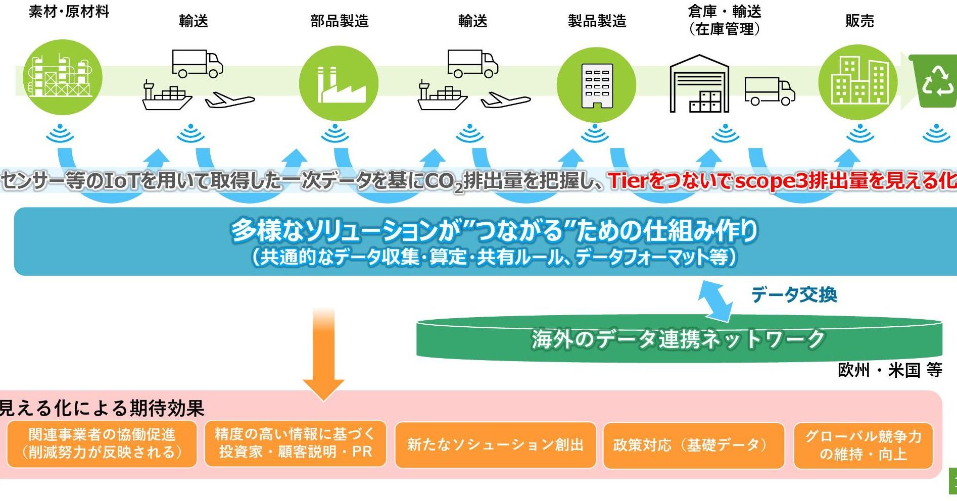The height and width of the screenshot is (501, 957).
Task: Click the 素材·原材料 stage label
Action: click(69, 12)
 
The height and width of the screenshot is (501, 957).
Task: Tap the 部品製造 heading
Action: click(340, 21)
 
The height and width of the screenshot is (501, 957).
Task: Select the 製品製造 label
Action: click(597, 21)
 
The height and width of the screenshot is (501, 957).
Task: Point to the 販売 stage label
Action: click(859, 21)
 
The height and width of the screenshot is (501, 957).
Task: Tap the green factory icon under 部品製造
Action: click(339, 83)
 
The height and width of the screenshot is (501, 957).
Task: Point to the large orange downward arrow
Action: click(323, 354)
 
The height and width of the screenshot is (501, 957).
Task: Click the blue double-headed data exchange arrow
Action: click(715, 302)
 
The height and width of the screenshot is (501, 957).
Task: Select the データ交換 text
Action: click(794, 294)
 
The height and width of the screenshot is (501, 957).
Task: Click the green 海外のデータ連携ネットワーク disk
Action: click(679, 339)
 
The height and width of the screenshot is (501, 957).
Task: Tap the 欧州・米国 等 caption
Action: click(890, 370)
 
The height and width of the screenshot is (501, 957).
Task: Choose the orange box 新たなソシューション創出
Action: click(495, 445)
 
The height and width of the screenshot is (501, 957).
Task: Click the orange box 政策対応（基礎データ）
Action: click(693, 445)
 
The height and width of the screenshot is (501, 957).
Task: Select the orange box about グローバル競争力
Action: click(863, 445)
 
